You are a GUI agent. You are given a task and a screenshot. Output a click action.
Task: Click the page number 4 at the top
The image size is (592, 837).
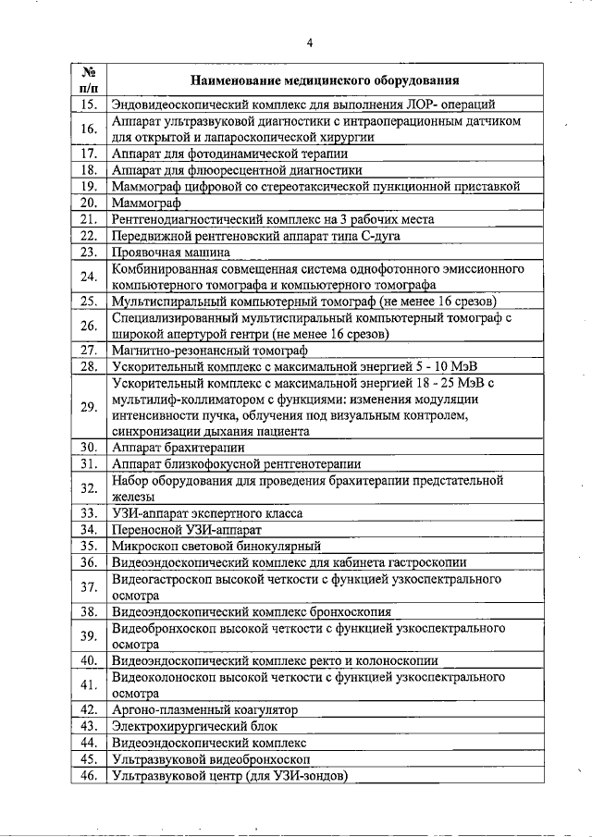310,43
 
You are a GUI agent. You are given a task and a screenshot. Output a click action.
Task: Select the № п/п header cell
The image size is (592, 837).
90,80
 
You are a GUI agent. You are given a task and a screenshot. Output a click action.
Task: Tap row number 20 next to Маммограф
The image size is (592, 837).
90,203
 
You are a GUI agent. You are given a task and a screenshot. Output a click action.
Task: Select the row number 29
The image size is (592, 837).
90,407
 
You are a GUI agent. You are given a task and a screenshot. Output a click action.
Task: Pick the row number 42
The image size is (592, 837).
90,710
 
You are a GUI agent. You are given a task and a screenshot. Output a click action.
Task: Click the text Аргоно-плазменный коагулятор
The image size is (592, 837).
204,710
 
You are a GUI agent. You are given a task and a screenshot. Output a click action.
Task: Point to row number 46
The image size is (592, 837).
90,776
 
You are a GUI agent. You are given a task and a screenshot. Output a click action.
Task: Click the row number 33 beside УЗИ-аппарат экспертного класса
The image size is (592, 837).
90,513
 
